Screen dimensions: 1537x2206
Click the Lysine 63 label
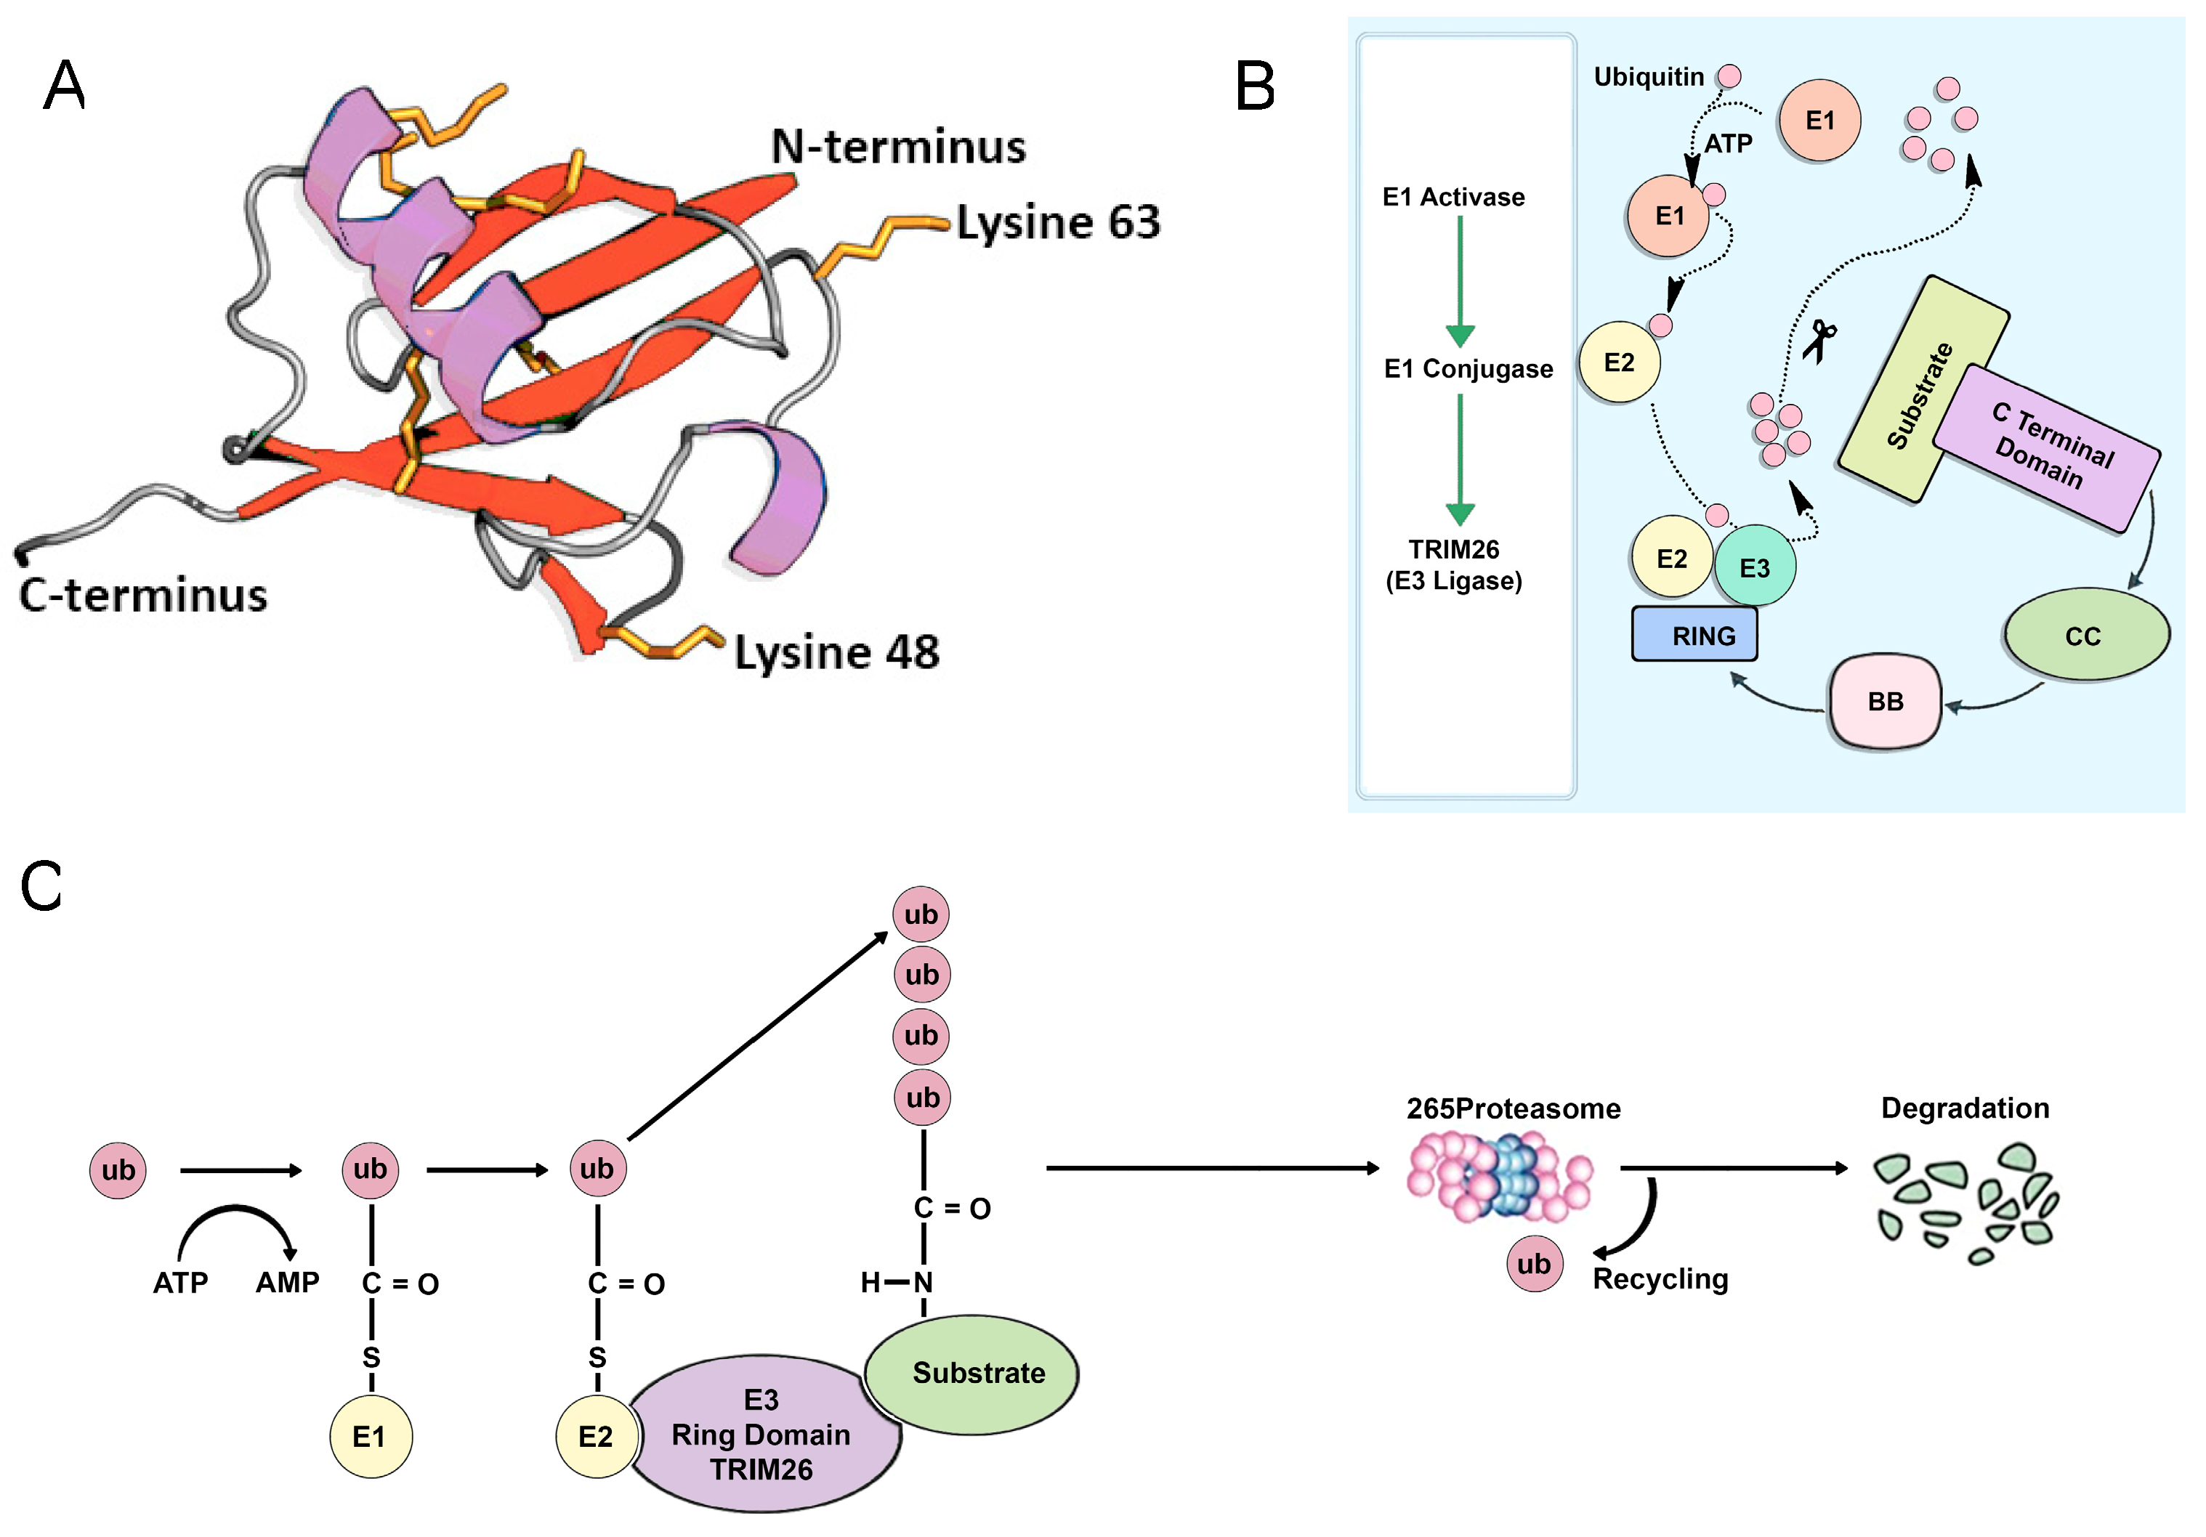[1058, 223]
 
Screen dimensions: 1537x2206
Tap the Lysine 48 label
[836, 652]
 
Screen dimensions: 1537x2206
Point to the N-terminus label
[898, 147]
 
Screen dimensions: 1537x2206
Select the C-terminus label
[142, 595]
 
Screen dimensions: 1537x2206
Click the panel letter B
[1255, 86]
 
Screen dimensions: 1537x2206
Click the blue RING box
[1694, 634]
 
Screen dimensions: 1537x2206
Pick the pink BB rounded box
[1884, 701]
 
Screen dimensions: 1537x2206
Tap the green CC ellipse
[2085, 635]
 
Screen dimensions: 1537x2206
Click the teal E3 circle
[1755, 567]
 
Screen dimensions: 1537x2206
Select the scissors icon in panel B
[1819, 341]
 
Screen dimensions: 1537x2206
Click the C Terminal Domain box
[2046, 447]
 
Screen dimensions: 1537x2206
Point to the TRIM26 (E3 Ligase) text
[1454, 565]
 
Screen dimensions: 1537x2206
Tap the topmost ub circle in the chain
[921, 914]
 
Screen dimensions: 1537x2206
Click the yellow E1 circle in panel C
[370, 1436]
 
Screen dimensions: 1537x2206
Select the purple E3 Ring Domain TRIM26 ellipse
[761, 1434]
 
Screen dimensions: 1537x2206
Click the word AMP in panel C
[287, 1283]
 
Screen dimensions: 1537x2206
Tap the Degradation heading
[1964, 1108]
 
